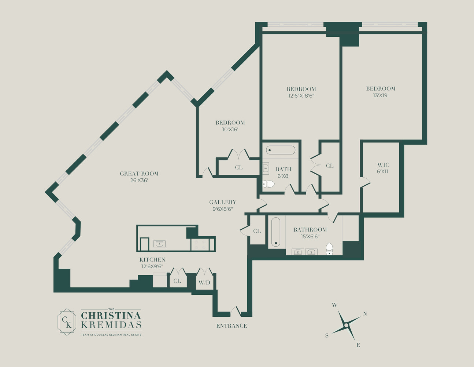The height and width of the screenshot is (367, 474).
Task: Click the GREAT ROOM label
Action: [x=139, y=174]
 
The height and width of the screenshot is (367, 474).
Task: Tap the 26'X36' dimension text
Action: [x=139, y=181]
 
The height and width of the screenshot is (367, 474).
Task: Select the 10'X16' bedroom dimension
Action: [x=230, y=130]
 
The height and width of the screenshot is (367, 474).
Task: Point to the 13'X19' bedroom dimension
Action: [x=381, y=95]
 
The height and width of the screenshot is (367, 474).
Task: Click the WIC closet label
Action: [x=383, y=165]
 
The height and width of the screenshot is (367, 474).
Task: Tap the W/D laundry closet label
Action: [x=204, y=283]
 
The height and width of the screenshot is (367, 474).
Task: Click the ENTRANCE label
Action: [x=232, y=326]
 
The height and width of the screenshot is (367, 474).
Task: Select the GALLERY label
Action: [x=223, y=202]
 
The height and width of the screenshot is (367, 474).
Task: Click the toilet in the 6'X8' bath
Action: [x=268, y=184]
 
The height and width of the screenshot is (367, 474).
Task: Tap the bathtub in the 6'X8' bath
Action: [x=281, y=150]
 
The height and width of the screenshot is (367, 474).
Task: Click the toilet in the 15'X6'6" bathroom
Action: [x=329, y=249]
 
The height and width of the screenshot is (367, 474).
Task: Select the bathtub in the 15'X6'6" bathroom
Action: [x=276, y=232]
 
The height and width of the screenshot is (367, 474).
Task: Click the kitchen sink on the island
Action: [x=159, y=244]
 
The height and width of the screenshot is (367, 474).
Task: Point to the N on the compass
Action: [x=365, y=314]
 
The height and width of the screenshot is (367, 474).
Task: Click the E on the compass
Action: [x=358, y=345]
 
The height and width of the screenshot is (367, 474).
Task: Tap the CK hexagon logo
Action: [x=67, y=322]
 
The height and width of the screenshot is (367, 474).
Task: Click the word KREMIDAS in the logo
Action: [x=111, y=325]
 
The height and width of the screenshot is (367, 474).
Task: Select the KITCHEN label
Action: [x=152, y=260]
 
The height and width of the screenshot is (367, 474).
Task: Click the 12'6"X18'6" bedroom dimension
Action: [x=301, y=96]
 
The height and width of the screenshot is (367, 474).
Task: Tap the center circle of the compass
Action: [x=346, y=326]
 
